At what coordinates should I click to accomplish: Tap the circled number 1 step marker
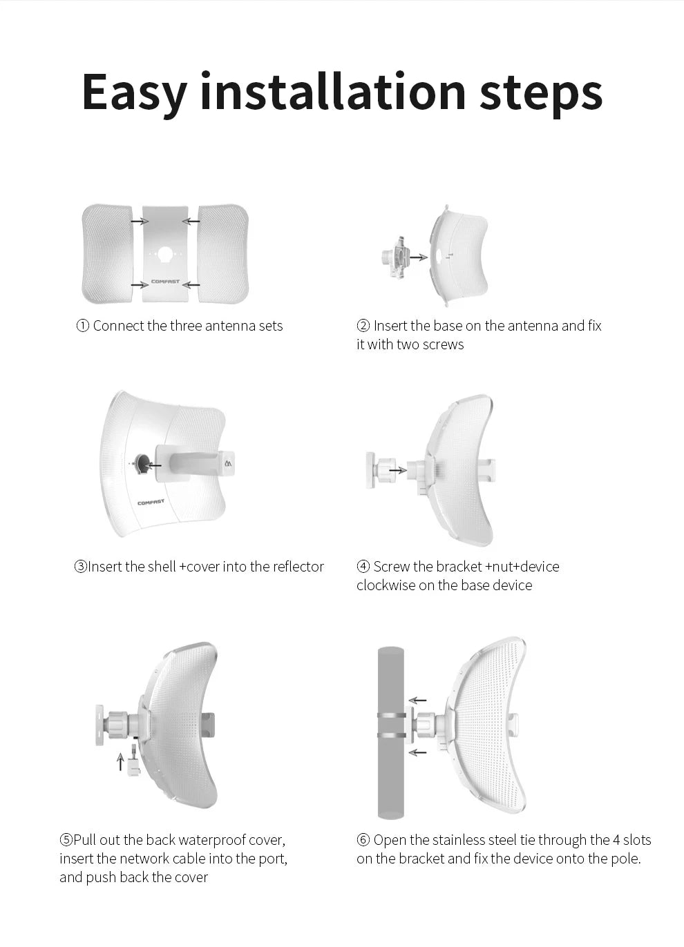[82, 326]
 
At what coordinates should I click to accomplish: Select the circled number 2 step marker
[363, 326]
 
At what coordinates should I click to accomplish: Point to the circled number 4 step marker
[363, 567]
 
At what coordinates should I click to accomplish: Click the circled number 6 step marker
[363, 840]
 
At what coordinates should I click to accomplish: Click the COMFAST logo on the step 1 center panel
[165, 282]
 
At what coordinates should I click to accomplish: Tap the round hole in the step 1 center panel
[165, 254]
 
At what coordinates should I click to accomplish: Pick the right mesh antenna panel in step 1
[222, 253]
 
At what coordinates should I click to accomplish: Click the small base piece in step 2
[394, 258]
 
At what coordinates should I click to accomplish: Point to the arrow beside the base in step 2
[418, 257]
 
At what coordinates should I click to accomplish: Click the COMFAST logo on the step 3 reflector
[151, 502]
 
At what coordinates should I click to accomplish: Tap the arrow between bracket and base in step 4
[398, 470]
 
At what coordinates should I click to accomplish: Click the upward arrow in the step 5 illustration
[120, 761]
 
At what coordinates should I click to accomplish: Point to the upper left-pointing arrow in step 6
[417, 701]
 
